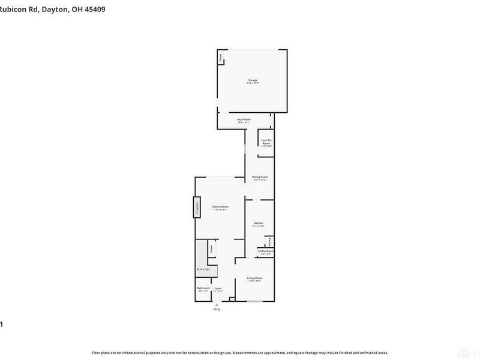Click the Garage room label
[x=253, y=80]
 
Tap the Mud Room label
[x=244, y=119]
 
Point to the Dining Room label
[x=259, y=177]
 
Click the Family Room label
[x=220, y=206]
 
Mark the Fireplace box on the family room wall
[x=196, y=206]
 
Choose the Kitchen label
[x=258, y=223]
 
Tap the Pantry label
[x=270, y=242]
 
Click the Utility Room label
[x=266, y=251]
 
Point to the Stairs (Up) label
[x=203, y=270]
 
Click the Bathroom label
[x=203, y=288]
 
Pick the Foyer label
[x=218, y=288]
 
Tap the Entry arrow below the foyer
[x=217, y=304]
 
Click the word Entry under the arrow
[x=217, y=309]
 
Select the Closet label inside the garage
[x=220, y=58]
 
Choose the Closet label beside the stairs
[x=211, y=247]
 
